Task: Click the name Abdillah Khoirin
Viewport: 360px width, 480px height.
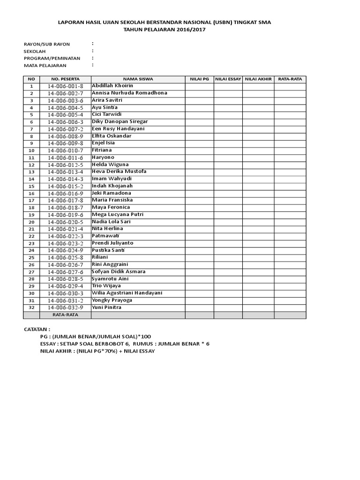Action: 112,86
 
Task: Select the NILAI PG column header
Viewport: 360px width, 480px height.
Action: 199,79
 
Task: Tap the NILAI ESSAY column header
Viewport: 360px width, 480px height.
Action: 228,79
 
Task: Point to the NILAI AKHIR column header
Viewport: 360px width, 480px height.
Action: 258,79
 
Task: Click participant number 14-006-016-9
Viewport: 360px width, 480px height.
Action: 65,193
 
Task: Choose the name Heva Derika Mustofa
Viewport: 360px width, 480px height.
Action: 119,172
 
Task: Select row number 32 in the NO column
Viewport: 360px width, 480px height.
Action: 31,307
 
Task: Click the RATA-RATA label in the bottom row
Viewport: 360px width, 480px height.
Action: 65,315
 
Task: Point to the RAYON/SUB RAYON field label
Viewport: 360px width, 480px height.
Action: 47,44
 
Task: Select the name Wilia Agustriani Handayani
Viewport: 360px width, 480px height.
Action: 127,293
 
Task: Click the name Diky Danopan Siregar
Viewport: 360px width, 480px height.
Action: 120,121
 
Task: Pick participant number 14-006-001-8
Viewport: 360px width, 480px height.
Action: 65,86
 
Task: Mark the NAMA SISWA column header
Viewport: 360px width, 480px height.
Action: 138,79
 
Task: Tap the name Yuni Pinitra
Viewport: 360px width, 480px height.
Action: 106,307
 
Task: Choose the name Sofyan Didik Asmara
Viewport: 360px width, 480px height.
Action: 119,272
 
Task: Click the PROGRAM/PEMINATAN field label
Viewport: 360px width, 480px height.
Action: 52,58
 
